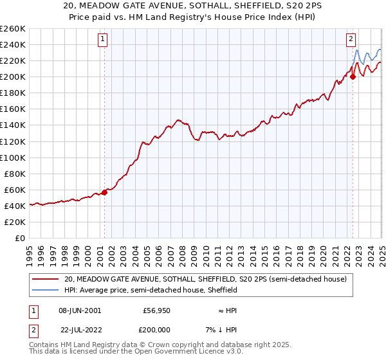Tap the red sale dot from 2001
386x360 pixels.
click(x=104, y=192)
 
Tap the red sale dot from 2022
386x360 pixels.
click(x=353, y=76)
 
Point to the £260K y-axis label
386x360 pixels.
click(x=13, y=28)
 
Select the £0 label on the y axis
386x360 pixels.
click(x=20, y=238)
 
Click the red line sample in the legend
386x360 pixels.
click(x=46, y=279)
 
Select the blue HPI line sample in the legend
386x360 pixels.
click(x=46, y=290)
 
